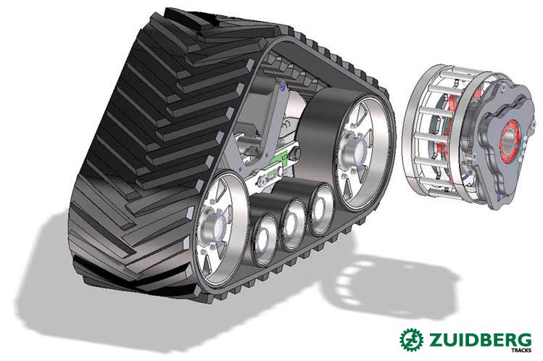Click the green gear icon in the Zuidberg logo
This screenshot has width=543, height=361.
(x=411, y=339)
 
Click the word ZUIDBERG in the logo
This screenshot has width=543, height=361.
(x=480, y=340)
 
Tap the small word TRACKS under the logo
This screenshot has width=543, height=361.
(x=521, y=350)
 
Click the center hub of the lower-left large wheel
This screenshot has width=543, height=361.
(x=215, y=229)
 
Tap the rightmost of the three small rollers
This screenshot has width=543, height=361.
(x=321, y=209)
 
